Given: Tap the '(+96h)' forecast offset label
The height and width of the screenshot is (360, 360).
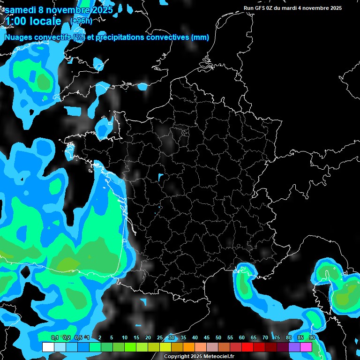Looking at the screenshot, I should [x=82, y=21].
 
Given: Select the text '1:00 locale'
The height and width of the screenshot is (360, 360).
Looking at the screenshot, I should [x=33, y=21].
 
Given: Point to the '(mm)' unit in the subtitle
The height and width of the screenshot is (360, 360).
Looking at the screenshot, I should [x=200, y=37].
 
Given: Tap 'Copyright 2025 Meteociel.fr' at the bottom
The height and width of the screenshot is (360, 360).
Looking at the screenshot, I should [x=199, y=357].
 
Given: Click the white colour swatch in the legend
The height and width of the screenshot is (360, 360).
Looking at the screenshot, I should [x=48, y=347].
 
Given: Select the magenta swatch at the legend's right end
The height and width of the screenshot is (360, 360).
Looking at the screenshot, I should [x=306, y=347].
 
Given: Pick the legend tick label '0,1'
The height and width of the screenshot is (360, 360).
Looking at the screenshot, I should [x=55, y=338].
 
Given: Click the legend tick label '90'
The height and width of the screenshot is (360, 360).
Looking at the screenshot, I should [x=312, y=338].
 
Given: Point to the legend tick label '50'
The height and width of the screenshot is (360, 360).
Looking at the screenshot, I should [x=218, y=338].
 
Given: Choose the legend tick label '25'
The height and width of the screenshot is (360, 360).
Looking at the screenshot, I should [x=160, y=338].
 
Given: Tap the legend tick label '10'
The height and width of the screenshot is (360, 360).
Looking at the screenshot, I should [x=125, y=338].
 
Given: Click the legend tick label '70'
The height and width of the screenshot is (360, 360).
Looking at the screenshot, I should [x=265, y=338].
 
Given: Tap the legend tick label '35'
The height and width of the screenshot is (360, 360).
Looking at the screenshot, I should [x=183, y=338].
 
